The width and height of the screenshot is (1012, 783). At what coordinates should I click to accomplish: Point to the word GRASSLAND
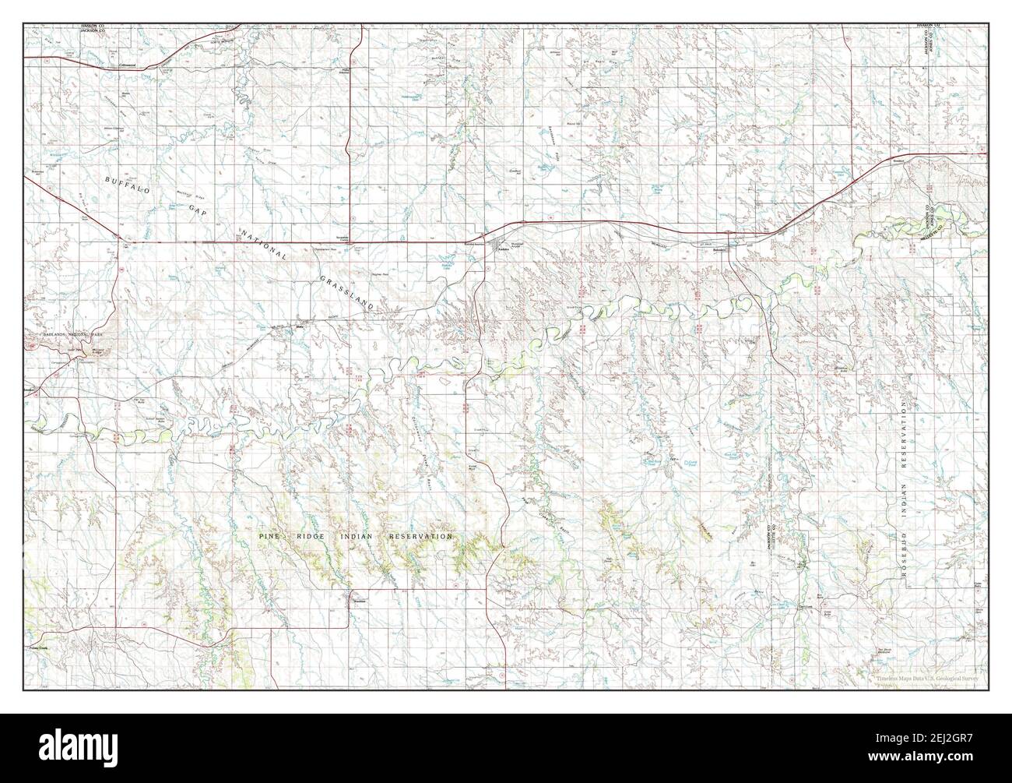tap(349, 287)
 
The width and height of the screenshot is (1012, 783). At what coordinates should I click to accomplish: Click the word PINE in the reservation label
tap(272, 538)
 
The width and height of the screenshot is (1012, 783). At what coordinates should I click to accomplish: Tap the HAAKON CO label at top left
tap(93, 27)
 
